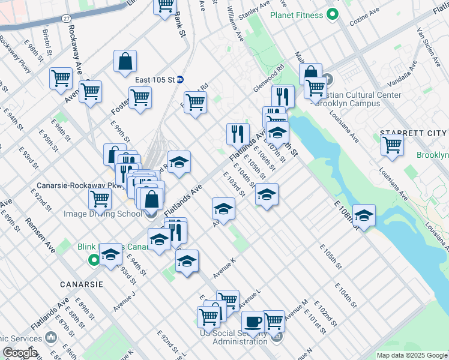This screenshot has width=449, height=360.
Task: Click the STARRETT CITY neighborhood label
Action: [x=413, y=133]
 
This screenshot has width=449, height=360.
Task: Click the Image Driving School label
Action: [x=103, y=214]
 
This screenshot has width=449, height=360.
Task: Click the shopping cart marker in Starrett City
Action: [x=392, y=145]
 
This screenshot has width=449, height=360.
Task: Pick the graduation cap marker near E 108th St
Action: [x=364, y=214]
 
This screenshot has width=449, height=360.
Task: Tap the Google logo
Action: [x=19, y=353]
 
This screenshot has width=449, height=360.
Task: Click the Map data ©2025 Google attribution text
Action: [x=412, y=355]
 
